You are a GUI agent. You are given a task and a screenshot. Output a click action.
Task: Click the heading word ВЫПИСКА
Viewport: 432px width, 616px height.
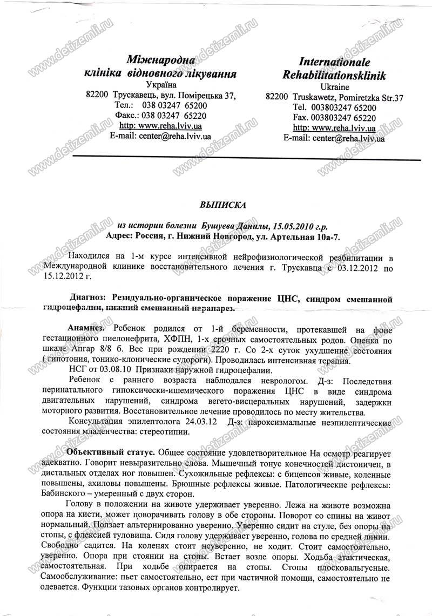click(x=222, y=205)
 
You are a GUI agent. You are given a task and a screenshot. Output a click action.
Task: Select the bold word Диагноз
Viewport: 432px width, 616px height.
click(x=89, y=297)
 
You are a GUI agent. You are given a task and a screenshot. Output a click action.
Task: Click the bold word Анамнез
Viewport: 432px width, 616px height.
click(x=86, y=328)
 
